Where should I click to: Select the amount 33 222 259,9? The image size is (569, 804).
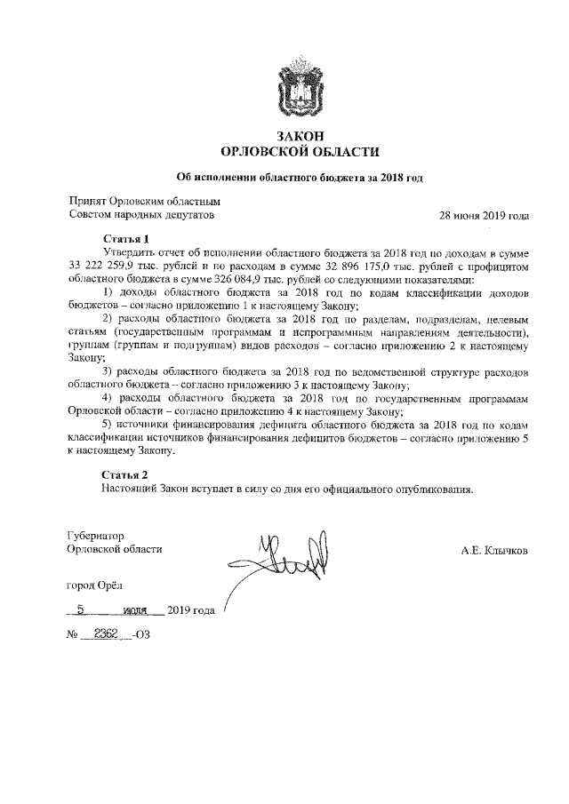[x=102, y=266]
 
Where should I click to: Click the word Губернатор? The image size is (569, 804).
[x=96, y=536]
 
